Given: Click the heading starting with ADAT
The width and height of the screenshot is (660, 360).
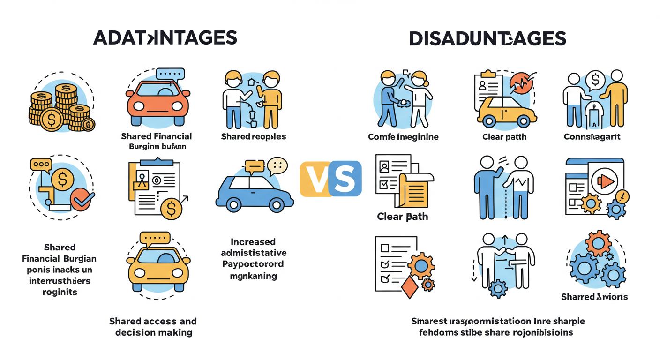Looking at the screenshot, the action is pyautogui.click(x=165, y=38).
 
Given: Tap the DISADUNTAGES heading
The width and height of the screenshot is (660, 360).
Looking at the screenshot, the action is pyautogui.click(x=487, y=38).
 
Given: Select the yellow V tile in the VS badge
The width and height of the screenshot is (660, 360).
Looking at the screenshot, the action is pyautogui.click(x=315, y=179).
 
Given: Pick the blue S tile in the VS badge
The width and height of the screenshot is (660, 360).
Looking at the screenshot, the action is pyautogui.click(x=345, y=179).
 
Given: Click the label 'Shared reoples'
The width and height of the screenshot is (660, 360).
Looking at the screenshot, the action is pyautogui.click(x=253, y=137).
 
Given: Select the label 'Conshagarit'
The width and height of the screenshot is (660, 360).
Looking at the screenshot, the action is pyautogui.click(x=592, y=137).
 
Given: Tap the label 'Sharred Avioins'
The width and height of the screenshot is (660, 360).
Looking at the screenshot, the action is pyautogui.click(x=594, y=297).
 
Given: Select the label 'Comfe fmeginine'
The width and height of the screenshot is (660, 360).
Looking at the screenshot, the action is pyautogui.click(x=403, y=137).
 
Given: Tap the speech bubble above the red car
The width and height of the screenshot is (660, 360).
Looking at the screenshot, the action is pyautogui.click(x=170, y=74).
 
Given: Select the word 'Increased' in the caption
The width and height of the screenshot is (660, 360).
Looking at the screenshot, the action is pyautogui.click(x=253, y=242).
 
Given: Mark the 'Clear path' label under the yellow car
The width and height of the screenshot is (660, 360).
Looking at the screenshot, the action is pyautogui.click(x=504, y=137).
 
